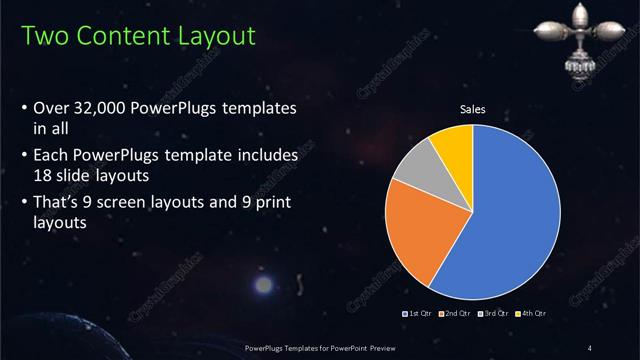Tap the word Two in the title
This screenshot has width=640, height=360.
43,37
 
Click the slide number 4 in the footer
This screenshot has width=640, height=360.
591,347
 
